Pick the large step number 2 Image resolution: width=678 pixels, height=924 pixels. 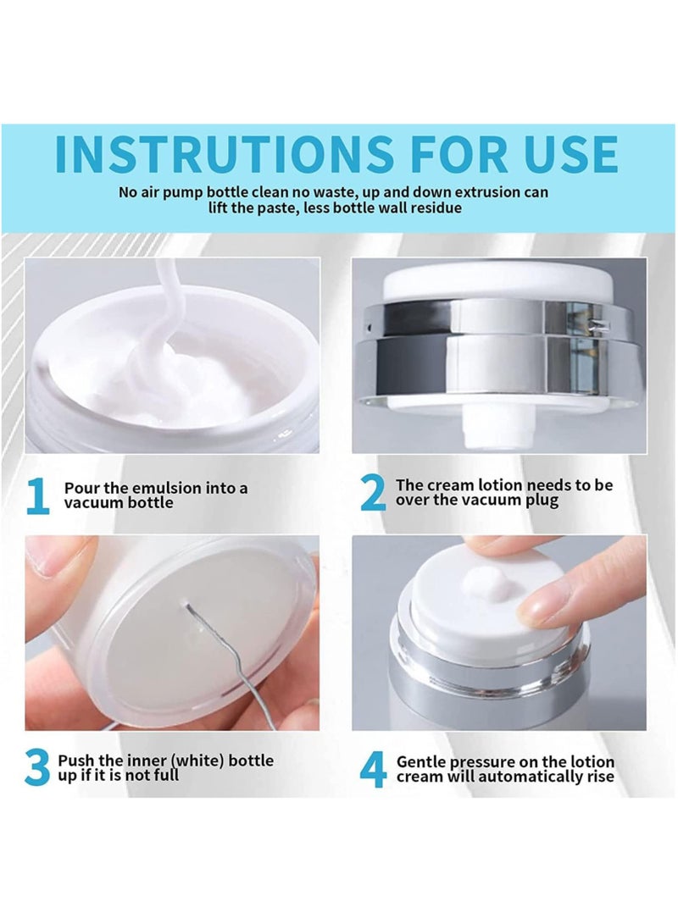pos(372,495)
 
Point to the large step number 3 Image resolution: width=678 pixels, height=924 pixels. pos(37,768)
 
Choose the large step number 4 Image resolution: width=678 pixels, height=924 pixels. pos(373,769)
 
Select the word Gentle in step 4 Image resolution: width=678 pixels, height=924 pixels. pos(421,761)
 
